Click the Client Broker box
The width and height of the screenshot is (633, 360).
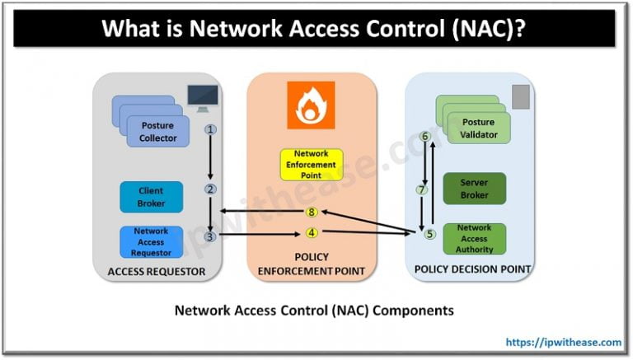(x=151, y=197)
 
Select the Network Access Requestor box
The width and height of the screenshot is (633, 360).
(x=151, y=241)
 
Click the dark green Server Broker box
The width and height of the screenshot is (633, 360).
(x=474, y=187)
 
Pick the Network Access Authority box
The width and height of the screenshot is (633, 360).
(x=474, y=238)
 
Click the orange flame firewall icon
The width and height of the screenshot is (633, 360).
(x=311, y=105)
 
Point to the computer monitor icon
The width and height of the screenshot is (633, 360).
(x=203, y=98)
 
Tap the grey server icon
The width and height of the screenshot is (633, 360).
(x=521, y=96)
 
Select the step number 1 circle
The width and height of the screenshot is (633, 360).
(x=211, y=129)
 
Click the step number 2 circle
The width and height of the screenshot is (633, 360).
(x=211, y=189)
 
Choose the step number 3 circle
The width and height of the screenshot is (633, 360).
(x=211, y=236)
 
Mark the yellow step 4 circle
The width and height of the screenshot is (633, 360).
(x=312, y=232)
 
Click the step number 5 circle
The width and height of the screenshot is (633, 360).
(x=429, y=234)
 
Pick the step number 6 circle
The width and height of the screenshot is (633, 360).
(x=425, y=136)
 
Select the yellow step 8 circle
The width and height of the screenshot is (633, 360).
(x=312, y=213)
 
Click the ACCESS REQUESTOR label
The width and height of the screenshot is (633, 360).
(x=156, y=271)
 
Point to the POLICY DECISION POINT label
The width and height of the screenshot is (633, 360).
(x=471, y=269)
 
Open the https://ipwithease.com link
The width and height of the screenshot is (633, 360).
(x=564, y=341)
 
